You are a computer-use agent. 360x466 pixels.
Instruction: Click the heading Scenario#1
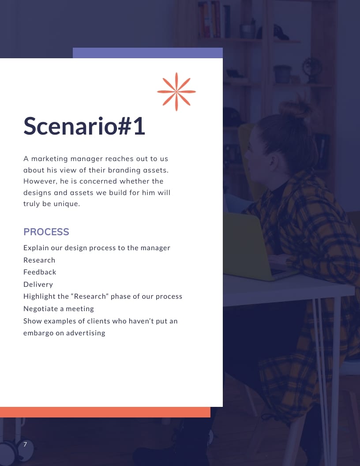click(x=84, y=126)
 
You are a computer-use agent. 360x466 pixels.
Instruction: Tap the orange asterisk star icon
click(x=176, y=91)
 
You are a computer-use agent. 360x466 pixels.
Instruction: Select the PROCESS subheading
click(x=46, y=232)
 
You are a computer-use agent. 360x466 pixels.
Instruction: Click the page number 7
click(x=25, y=444)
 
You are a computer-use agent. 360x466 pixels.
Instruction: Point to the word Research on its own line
click(x=39, y=260)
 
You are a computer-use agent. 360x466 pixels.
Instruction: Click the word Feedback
click(x=40, y=272)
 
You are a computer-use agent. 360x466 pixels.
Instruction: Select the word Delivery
click(x=38, y=284)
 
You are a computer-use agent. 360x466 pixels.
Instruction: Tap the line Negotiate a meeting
click(x=59, y=308)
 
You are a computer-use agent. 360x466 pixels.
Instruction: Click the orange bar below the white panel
click(x=105, y=412)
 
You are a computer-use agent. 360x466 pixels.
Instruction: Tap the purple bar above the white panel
click(x=147, y=53)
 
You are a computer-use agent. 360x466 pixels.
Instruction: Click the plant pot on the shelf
click(x=282, y=74)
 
